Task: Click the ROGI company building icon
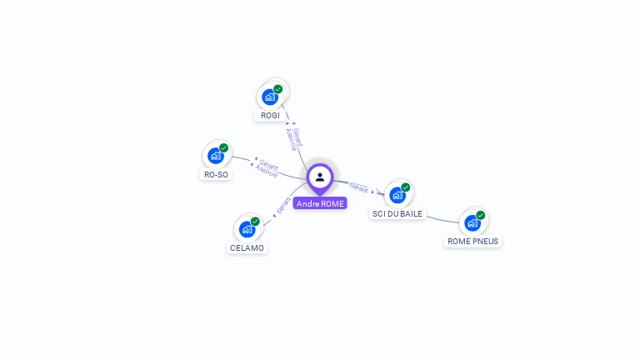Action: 270,97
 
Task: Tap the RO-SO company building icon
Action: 216,156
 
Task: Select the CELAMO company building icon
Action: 247,229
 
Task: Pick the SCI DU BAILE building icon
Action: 397,195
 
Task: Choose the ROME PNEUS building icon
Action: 472,222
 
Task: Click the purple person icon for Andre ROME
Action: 320,177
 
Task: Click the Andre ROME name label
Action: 320,203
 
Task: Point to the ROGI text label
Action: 270,116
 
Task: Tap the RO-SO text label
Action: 216,175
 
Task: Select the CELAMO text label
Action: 247,248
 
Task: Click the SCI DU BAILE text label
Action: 397,214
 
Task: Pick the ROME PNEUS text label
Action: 472,242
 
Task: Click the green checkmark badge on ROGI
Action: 278,89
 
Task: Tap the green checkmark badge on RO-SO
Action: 224,148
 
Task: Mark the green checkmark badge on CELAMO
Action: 255,222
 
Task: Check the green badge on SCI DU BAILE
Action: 406,187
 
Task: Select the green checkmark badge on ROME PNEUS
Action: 481,215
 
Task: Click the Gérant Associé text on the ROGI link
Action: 294,138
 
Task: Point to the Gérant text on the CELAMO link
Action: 282,205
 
